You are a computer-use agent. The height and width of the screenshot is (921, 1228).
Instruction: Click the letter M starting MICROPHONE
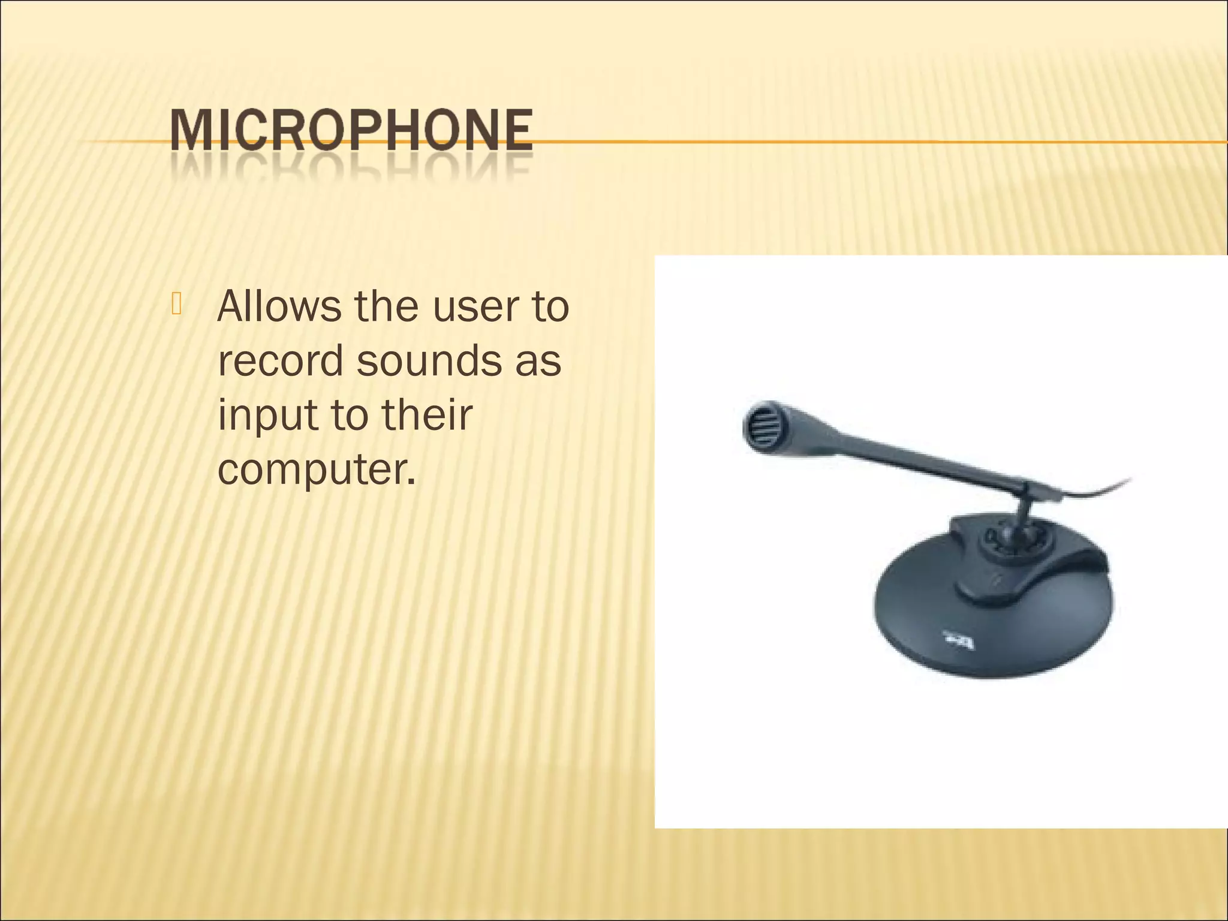190,130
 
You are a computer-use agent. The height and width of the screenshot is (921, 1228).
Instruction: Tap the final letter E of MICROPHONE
517,130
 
